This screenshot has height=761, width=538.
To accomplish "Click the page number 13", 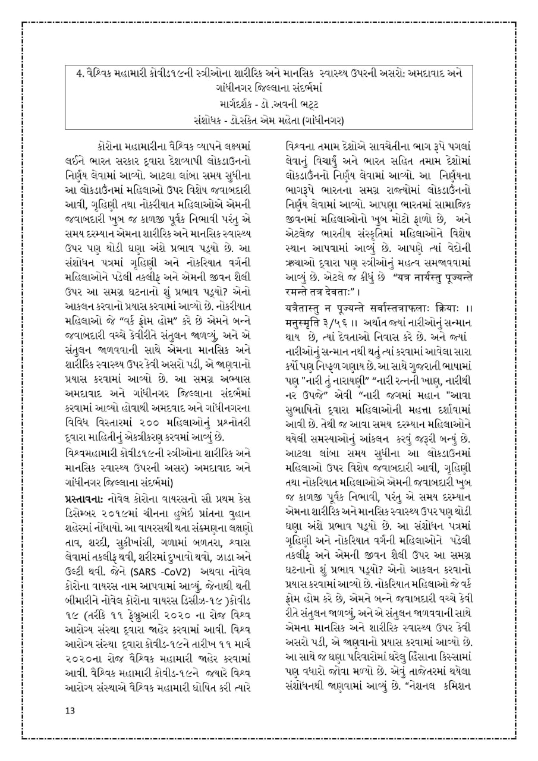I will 70,710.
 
